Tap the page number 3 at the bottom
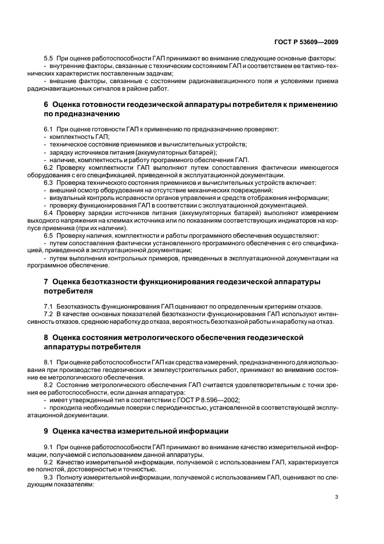pos(336,497)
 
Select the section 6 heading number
pos(46,105)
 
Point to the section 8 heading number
pos(46,337)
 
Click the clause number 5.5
pos(49,58)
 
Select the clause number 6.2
pos(49,168)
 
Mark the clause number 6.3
pos(49,183)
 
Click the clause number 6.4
pos(49,213)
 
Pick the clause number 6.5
pos(49,236)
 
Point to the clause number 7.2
pos(49,314)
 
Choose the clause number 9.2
pos(49,462)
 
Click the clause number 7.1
pos(49,306)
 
